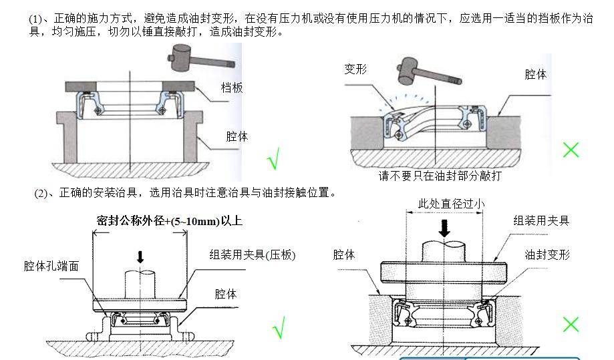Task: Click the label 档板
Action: (232, 87)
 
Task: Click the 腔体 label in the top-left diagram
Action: (237, 136)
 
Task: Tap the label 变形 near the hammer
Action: (355, 69)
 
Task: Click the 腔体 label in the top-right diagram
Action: (535, 75)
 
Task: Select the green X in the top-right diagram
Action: (571, 150)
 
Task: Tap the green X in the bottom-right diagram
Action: (571, 325)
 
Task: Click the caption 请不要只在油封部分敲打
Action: (440, 176)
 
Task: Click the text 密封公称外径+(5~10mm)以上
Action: (169, 221)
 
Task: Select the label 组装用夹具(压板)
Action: (253, 254)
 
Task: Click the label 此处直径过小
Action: (451, 204)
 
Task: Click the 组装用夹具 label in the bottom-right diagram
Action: (541, 220)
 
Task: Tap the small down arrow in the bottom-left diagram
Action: (140, 256)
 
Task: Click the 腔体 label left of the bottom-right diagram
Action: (344, 254)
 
